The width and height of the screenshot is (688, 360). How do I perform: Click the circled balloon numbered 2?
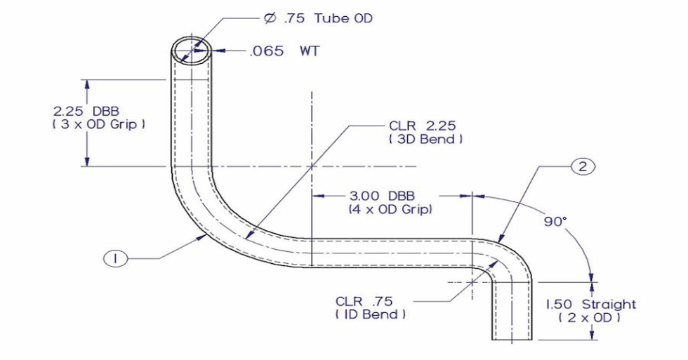pyautogui.click(x=583, y=166)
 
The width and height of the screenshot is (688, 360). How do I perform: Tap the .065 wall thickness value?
pyautogui.click(x=267, y=51)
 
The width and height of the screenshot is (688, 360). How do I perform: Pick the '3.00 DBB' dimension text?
pyautogui.click(x=385, y=196)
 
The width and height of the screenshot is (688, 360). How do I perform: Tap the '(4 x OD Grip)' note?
pyautogui.click(x=390, y=209)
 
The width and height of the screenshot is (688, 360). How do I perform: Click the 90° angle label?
pyautogui.click(x=554, y=221)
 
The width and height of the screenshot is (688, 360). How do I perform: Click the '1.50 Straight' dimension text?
pyautogui.click(x=591, y=304)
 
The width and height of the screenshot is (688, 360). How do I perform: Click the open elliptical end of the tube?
pyautogui.click(x=191, y=49)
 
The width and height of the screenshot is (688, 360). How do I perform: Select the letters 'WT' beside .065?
pyautogui.click(x=309, y=51)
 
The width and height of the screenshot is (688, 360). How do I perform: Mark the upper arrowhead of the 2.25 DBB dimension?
pyautogui.click(x=87, y=84)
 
